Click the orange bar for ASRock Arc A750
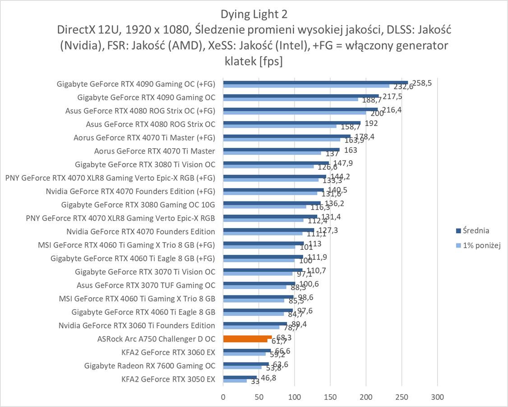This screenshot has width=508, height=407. (x=247, y=337)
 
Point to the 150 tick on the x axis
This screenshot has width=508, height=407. (x=330, y=397)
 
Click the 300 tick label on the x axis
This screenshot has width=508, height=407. (x=438, y=397)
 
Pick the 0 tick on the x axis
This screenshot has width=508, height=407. (x=223, y=397)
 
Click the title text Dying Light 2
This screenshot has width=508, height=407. (x=254, y=14)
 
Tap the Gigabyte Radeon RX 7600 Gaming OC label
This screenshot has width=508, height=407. (x=150, y=365)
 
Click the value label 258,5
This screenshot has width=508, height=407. (x=422, y=83)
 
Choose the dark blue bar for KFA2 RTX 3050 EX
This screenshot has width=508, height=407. (x=240, y=377)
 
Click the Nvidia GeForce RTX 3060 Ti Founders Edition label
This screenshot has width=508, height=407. (x=137, y=325)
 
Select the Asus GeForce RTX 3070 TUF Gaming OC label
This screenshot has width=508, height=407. (x=146, y=285)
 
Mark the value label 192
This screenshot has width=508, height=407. (x=371, y=123)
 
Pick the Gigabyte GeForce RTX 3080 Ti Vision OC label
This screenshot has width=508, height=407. (x=145, y=164)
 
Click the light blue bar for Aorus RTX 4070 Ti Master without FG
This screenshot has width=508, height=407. (x=272, y=153)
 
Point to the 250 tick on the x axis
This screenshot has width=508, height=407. (x=402, y=397)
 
